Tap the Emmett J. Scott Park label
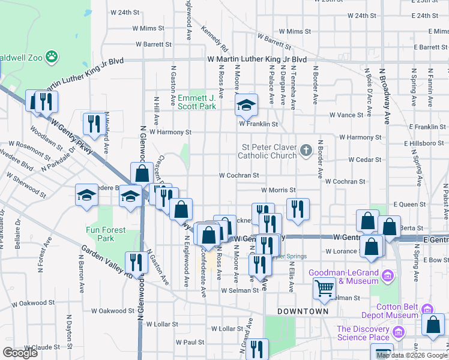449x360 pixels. (x=196, y=102)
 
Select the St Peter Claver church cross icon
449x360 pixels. (x=306, y=149)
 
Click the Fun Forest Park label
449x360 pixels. (x=106, y=234)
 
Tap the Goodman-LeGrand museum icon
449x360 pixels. (x=387, y=277)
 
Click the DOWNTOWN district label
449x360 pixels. (x=303, y=311)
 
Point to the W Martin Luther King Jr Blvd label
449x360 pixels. (x=257, y=60)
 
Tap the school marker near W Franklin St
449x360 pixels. (x=246, y=106)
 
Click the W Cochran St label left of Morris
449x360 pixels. (x=238, y=176)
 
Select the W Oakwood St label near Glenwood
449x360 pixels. (x=113, y=311)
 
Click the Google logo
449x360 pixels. (x=20, y=353)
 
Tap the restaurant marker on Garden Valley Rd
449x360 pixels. (x=136, y=262)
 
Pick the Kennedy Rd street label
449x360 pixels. (x=214, y=38)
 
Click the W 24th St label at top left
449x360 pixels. (x=125, y=12)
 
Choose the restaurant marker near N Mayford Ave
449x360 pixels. (x=94, y=124)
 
